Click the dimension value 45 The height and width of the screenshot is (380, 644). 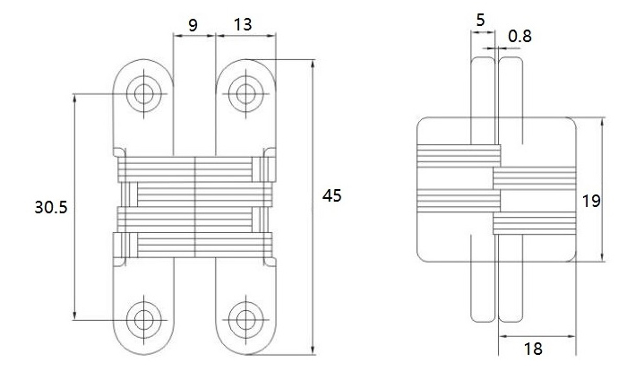tap(331, 196)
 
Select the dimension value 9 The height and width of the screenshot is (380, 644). tap(193, 25)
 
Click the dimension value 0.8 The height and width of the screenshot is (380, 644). tap(519, 36)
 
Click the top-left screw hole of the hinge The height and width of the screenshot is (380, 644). tap(143, 92)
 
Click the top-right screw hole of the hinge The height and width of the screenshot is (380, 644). tap(243, 92)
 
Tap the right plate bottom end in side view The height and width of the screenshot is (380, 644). tap(510, 318)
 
